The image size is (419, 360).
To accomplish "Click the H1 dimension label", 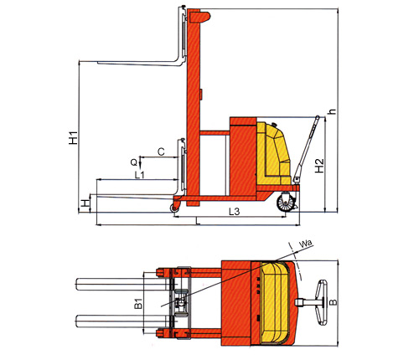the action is coord(74,137).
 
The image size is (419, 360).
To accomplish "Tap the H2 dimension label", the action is coord(319,166).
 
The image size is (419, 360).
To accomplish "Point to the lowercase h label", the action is coord(333,111).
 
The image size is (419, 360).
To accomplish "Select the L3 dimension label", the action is coord(235,212).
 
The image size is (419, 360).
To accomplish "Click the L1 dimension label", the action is coord(139,175).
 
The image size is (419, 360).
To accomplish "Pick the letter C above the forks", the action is coord(161,152).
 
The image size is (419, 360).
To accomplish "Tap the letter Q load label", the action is coord(134,162).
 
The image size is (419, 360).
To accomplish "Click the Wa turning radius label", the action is coord(305,244).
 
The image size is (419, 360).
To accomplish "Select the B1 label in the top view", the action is coord(138,304).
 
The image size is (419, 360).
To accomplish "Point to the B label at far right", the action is coord(334,302).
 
